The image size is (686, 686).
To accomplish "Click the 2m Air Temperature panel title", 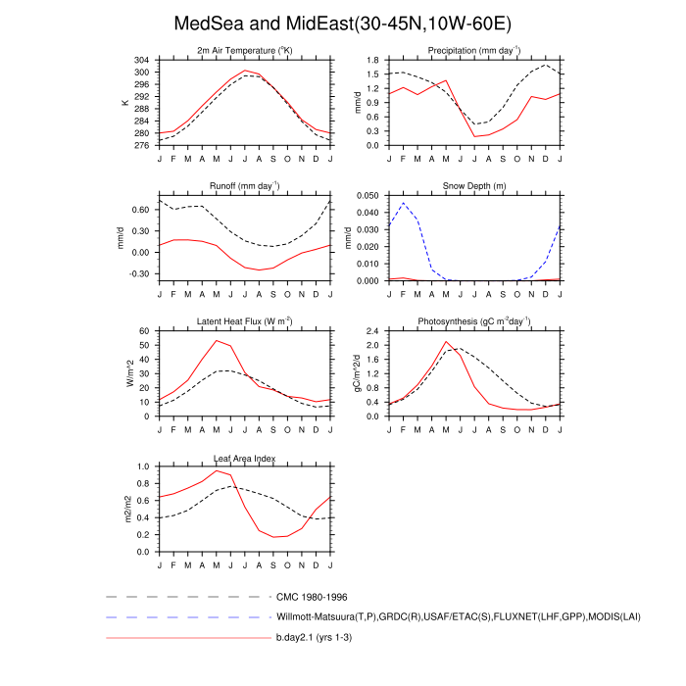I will point(245,50).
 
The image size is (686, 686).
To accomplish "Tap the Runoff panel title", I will point(245,185).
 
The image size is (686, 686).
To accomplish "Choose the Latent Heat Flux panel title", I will point(245,320).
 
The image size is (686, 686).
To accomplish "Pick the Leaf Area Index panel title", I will point(245,457).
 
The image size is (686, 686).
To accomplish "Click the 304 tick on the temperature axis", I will point(143,61).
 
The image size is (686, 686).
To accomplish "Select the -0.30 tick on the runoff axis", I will point(140,273).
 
